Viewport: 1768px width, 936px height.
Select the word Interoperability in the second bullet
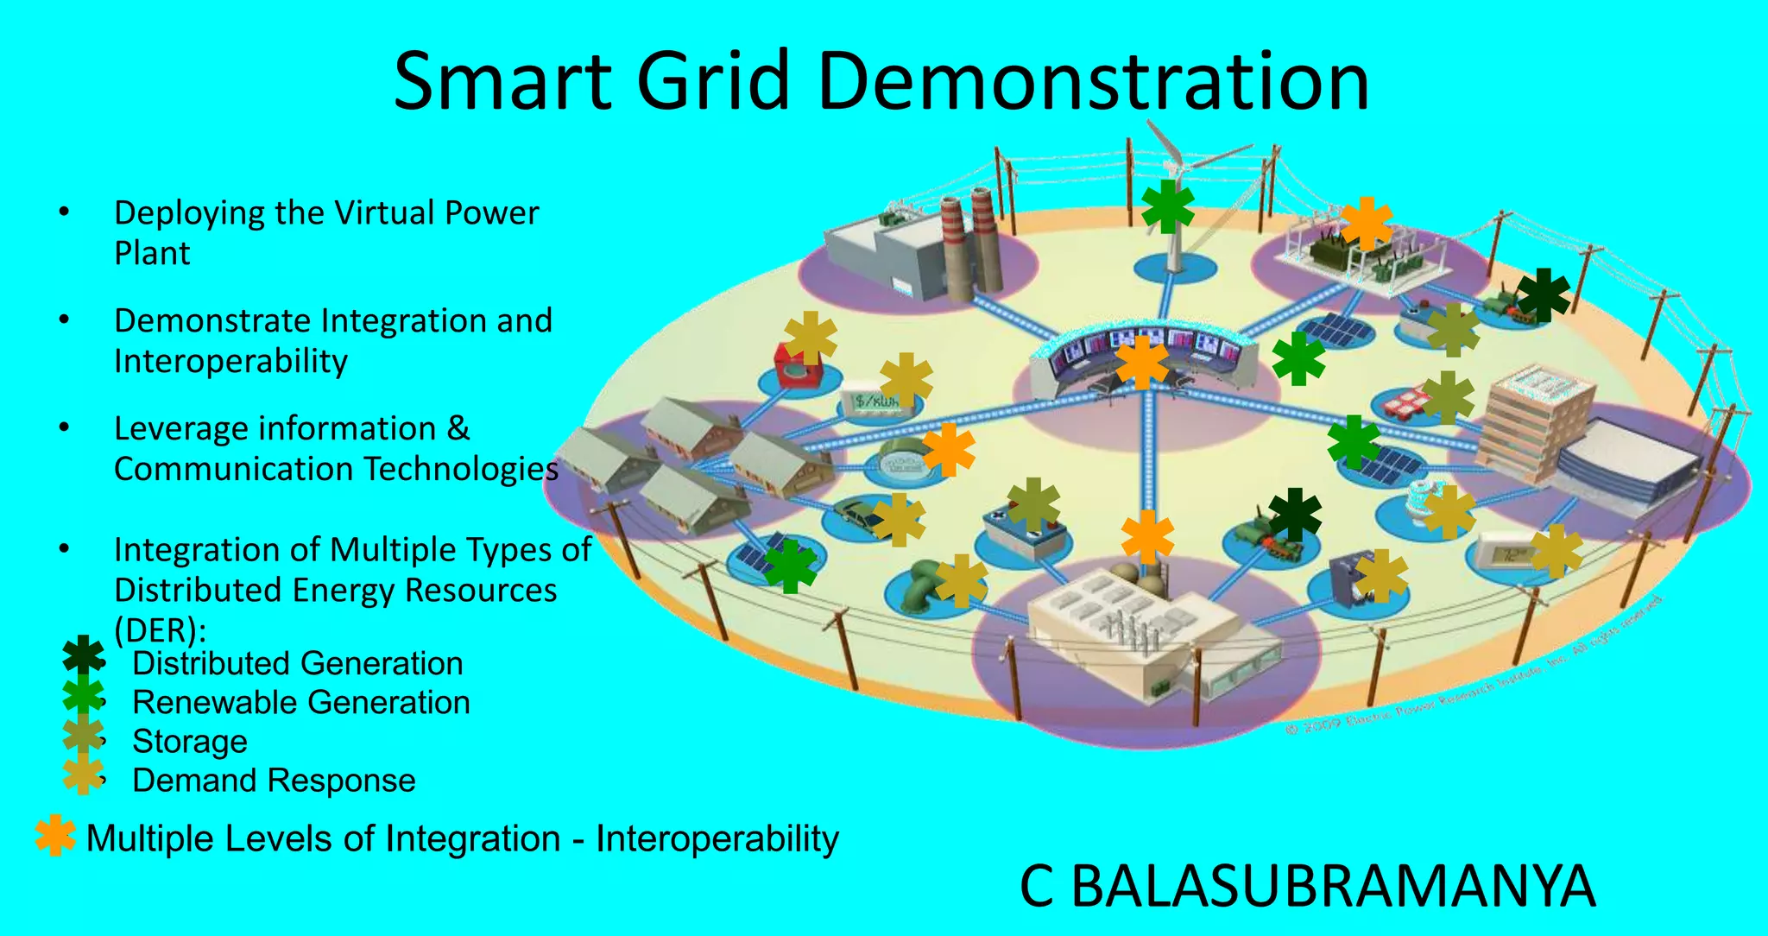[230, 361]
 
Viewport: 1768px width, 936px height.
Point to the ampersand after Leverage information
[458, 428]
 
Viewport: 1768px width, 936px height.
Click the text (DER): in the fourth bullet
[160, 630]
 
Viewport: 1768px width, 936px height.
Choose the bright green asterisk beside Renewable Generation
[83, 696]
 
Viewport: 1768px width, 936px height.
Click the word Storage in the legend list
[190, 742]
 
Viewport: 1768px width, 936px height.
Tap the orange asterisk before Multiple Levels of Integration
[55, 835]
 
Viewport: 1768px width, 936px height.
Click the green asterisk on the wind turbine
[1167, 206]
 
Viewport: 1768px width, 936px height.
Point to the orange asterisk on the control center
[1141, 363]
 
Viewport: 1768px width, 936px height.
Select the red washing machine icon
[799, 367]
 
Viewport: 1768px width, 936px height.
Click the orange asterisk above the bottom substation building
[1147, 536]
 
